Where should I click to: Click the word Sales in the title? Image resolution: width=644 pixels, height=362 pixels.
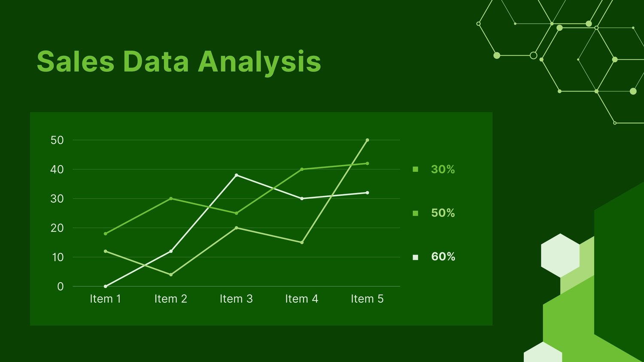(x=76, y=61)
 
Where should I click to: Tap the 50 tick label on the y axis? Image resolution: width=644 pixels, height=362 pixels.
(x=57, y=140)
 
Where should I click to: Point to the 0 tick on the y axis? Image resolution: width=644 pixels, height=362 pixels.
(x=61, y=286)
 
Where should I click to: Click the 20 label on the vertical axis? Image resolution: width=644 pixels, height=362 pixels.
(x=57, y=228)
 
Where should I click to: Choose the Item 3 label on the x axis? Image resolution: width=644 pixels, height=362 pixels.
(x=236, y=299)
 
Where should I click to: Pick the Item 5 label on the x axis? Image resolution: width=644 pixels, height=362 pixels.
(x=367, y=299)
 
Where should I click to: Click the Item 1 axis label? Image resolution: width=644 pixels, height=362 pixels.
(x=106, y=299)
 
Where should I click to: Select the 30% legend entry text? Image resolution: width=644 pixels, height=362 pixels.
(x=443, y=169)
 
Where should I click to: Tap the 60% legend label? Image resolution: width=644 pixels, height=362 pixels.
(x=443, y=256)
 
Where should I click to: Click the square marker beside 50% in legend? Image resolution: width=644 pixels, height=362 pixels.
(x=416, y=213)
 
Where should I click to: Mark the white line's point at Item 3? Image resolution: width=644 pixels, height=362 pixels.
(x=236, y=175)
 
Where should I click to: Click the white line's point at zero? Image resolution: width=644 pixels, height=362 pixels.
(x=106, y=286)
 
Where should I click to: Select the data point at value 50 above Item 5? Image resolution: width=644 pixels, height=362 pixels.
(x=367, y=140)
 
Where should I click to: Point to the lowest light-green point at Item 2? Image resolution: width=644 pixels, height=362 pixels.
(x=171, y=274)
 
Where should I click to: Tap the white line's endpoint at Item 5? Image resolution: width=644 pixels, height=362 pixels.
(x=367, y=193)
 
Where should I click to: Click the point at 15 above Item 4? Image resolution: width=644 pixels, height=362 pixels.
(x=302, y=242)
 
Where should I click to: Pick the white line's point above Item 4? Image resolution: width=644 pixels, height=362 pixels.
(x=302, y=199)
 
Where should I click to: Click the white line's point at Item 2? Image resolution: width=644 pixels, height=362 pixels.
(x=171, y=251)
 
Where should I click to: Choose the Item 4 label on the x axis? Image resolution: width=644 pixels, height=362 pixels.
(x=302, y=299)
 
